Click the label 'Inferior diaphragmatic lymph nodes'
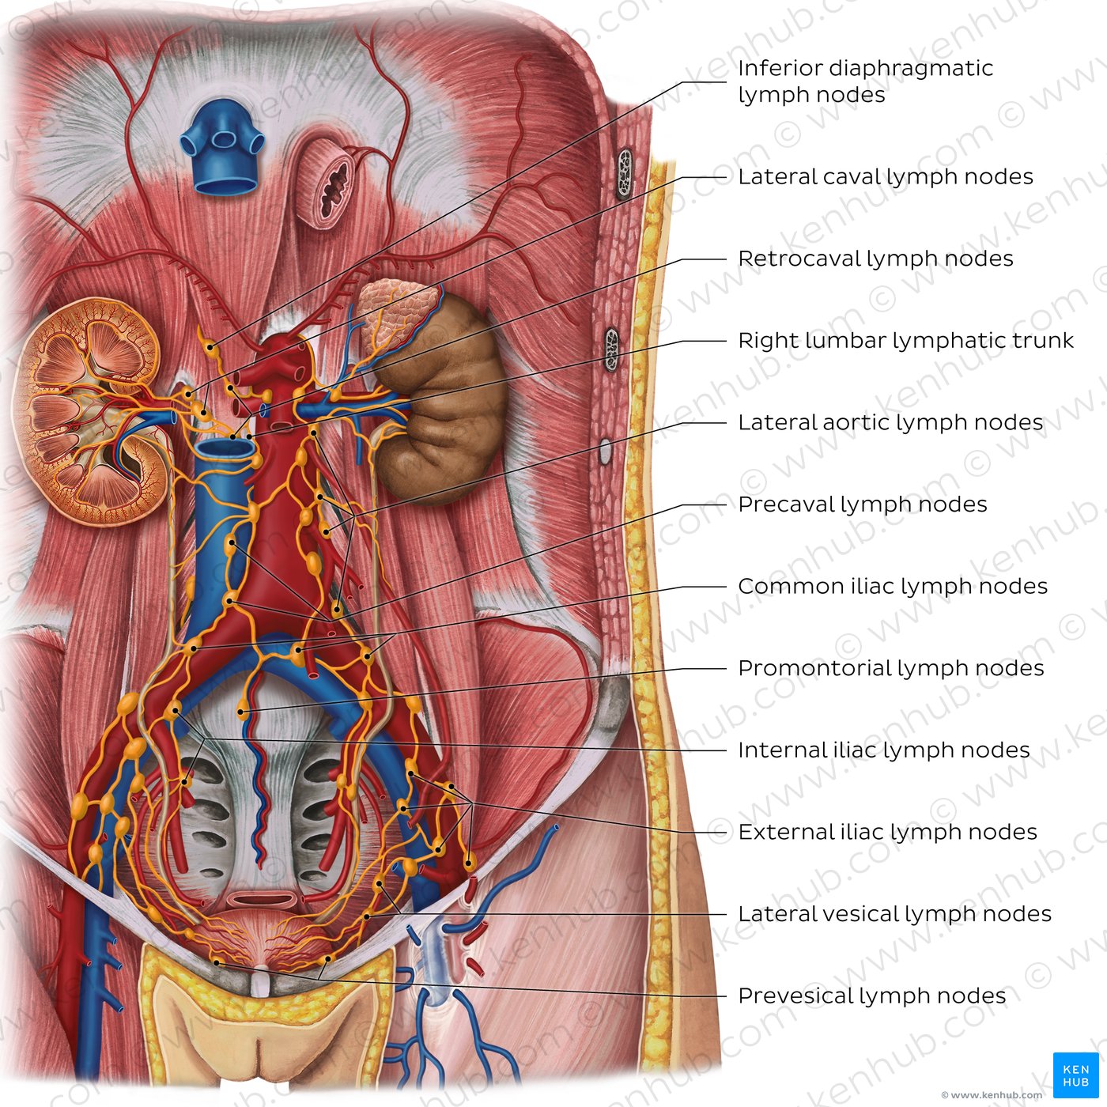coord(865,81)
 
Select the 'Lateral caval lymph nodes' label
coord(886,177)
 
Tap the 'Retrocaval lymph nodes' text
coord(875,259)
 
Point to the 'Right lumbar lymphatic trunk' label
coord(906,341)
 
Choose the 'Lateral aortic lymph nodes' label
coord(890,423)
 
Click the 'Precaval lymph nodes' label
coord(863,504)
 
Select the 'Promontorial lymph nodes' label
coord(891,668)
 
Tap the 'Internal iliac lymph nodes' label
coord(883,750)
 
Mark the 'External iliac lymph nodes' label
coord(887,832)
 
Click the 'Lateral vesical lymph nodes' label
coord(894,914)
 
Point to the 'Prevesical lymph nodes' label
coord(872,996)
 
